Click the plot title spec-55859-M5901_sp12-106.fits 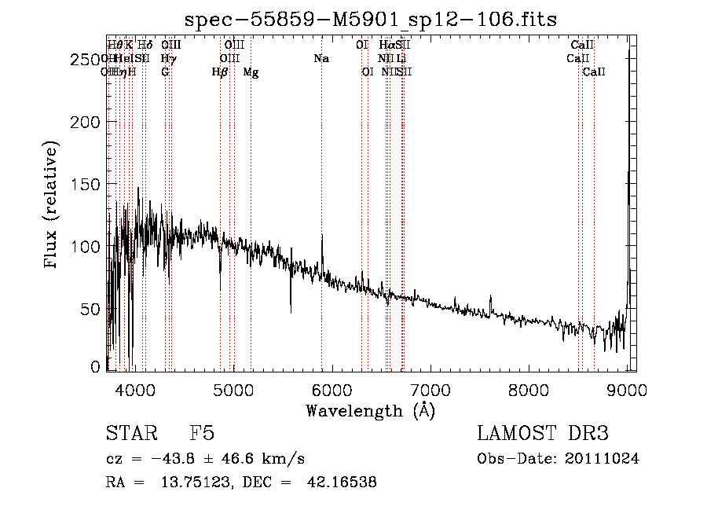tap(371, 18)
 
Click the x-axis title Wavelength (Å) tap(370, 410)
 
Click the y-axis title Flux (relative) tap(52, 206)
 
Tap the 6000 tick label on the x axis tap(332, 389)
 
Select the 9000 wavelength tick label tap(627, 389)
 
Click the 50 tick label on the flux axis tap(92, 309)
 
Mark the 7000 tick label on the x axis tap(430, 389)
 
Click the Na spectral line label tap(321, 58)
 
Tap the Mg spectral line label tap(251, 72)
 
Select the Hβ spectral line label tap(220, 72)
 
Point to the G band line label tap(165, 72)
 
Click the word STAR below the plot tap(130, 434)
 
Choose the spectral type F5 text tap(202, 434)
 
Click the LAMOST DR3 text tap(543, 434)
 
